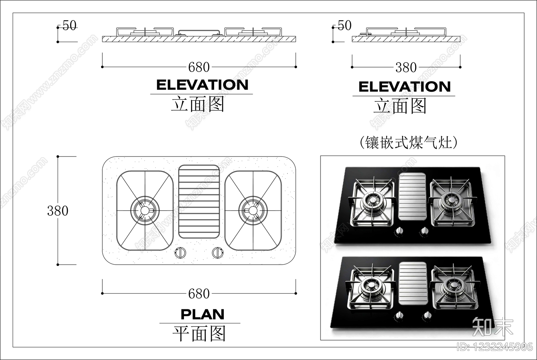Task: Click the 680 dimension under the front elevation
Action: coord(199,67)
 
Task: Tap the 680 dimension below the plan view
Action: coord(199,294)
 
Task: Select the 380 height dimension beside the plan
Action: coord(58,211)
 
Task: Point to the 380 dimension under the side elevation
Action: coord(406,67)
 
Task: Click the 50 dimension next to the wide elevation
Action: coord(69,25)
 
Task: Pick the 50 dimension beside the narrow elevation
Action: coord(344,25)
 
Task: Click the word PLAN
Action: coord(203,314)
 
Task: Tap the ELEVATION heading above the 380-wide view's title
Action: coord(405,87)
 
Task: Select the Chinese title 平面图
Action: coord(199,333)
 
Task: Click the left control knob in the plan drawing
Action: coord(180,253)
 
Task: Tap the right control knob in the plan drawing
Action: coord(218,253)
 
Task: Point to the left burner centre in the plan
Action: coord(145,211)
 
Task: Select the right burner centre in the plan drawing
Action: coord(253,211)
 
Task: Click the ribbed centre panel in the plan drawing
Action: coord(199,201)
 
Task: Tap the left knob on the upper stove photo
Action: coord(399,231)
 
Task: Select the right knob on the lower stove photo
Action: coord(427,316)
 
